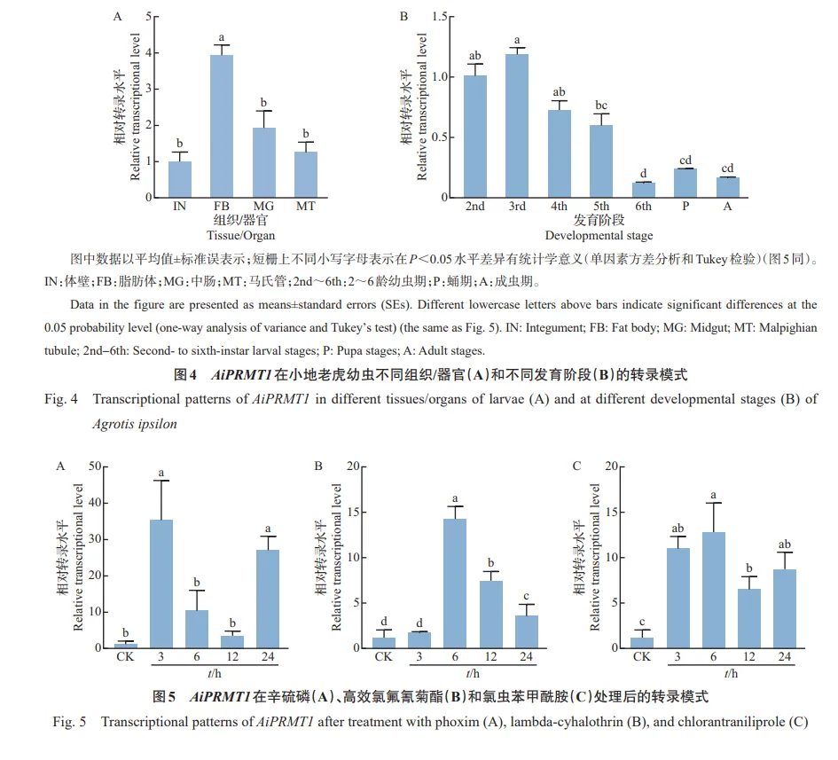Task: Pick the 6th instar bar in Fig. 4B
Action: pos(644,190)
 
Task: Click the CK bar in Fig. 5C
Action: pos(641,643)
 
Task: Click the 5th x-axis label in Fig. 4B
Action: pos(602,207)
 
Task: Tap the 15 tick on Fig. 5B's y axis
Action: pos(352,512)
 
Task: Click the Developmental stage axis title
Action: pos(599,235)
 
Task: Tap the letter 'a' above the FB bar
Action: pos(220,37)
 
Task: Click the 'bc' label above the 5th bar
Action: pos(602,106)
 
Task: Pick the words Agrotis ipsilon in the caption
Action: pos(135,424)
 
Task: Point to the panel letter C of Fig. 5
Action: pos(577,465)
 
